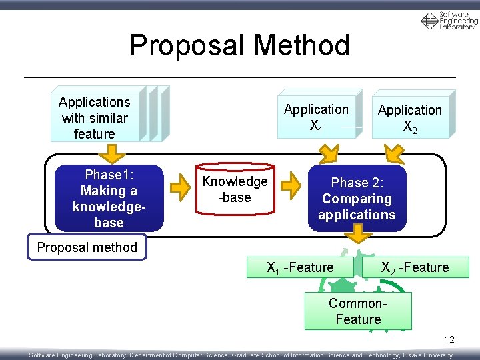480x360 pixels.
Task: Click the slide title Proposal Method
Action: [239, 45]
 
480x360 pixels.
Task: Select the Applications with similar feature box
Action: [95, 118]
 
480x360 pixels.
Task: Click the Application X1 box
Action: [316, 117]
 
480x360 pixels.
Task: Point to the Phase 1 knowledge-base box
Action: [109, 199]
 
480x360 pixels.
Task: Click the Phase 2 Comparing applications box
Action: [357, 199]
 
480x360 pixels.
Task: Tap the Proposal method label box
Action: [87, 247]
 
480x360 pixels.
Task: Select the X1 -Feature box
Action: [300, 267]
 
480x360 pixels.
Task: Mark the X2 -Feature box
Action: [415, 267]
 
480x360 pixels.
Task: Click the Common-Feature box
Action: [358, 311]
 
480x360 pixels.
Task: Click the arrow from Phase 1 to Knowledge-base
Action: [179, 189]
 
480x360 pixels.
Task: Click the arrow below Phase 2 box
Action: [361, 233]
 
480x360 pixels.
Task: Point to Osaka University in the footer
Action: [427, 355]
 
